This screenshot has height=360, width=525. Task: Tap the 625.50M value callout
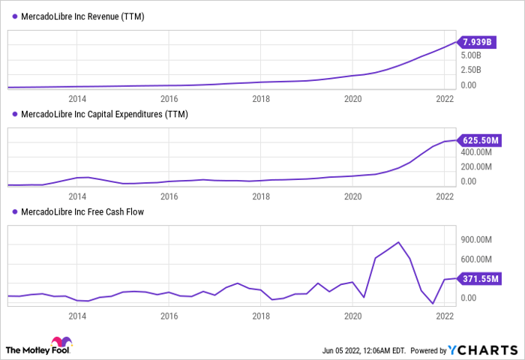pos(481,140)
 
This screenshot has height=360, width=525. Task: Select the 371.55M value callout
pos(481,278)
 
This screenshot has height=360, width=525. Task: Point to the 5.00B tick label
pos(476,55)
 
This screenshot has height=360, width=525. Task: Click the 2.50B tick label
pos(476,70)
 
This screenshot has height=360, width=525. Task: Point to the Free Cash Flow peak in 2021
pos(398,242)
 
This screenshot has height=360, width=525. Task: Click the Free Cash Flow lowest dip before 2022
pos(433,304)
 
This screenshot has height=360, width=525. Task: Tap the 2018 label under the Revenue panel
pos(261,99)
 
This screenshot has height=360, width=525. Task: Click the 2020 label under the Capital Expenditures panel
pos(352,196)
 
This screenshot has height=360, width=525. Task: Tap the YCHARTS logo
pos(483,349)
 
